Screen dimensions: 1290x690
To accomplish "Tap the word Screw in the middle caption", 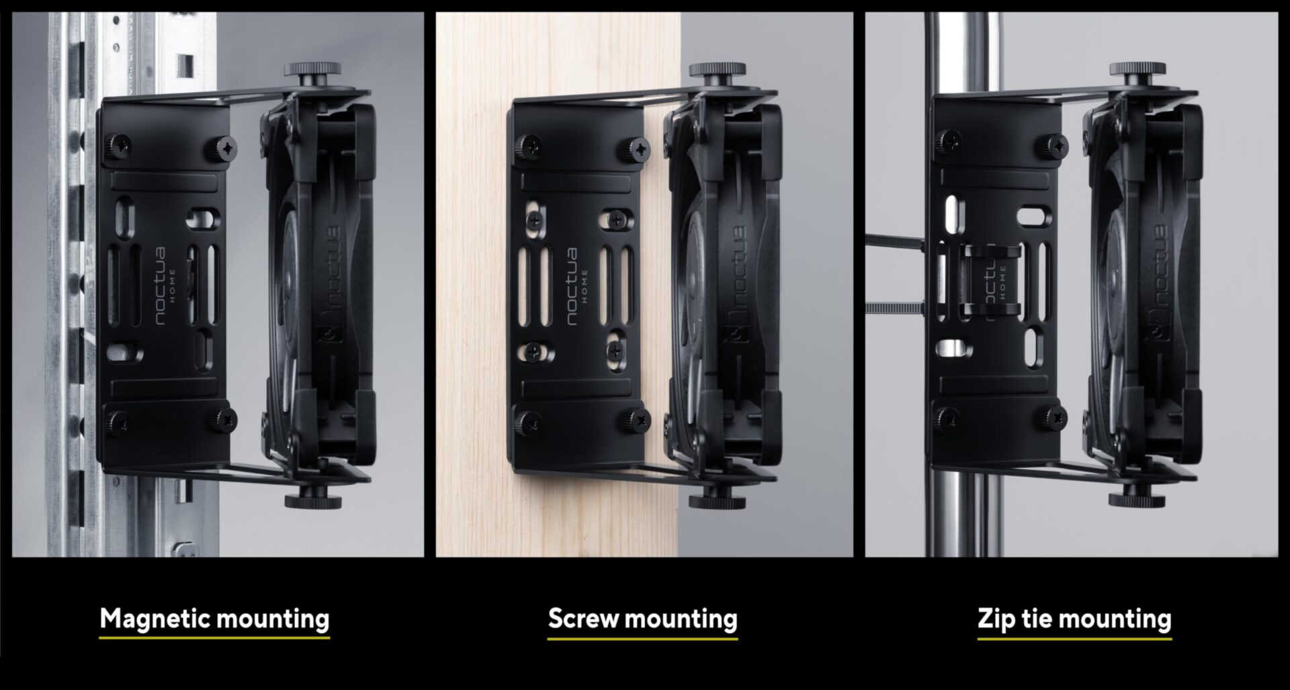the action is (x=583, y=618).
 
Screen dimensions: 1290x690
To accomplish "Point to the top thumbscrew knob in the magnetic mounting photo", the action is (x=312, y=69).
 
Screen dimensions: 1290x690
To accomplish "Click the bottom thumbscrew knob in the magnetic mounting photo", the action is (x=312, y=501).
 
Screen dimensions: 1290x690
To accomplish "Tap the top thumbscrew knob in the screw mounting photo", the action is (x=718, y=69).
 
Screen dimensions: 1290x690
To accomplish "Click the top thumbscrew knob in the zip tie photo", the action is (x=1137, y=69).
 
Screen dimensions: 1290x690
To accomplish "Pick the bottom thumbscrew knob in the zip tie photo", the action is (x=1137, y=500).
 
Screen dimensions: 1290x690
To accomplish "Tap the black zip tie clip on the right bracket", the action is (x=990, y=281).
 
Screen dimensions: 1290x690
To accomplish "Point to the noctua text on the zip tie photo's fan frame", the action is (x=1160, y=265).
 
